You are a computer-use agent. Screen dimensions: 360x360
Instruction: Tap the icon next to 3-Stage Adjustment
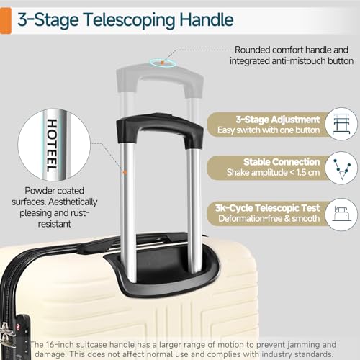[339, 124]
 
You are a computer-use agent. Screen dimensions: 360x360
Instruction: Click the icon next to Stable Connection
[339, 168]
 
